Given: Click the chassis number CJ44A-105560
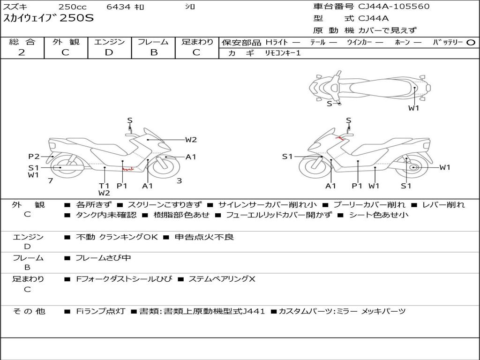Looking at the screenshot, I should tap(394, 7).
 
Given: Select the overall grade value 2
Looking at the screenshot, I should tap(22, 52).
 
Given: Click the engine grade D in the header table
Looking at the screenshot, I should tap(109, 52).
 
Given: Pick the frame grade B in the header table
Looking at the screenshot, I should tap(153, 52).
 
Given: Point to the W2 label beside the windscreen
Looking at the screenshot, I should tap(191, 140).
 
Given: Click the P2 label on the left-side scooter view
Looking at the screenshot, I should tap(34, 157).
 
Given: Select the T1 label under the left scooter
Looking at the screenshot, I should tap(104, 186).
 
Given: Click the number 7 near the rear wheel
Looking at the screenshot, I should tap(50, 180).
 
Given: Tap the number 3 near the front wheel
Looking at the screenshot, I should tap(179, 180).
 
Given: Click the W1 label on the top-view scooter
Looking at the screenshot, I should tap(413, 108).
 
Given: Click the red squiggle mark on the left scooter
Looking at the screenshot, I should tap(127, 168).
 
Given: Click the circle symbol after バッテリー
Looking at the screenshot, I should tap(471, 42).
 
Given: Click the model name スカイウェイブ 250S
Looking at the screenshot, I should tap(49, 19).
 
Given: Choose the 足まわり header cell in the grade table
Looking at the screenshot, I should tap(197, 42).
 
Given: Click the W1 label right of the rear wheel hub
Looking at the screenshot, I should tap(444, 167).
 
